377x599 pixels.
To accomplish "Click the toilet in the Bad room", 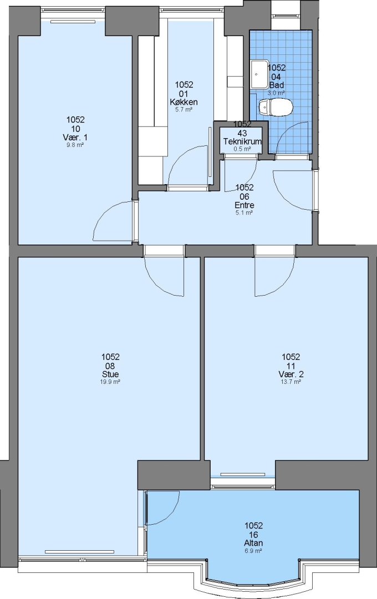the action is coord(276,107).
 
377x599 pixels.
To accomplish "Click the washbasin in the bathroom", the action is coord(259,74).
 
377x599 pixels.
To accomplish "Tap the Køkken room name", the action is coord(184,102).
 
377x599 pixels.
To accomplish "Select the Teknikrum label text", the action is coord(242,141).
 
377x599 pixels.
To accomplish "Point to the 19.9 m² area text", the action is coord(110,382).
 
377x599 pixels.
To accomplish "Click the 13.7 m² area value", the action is coord(291,382).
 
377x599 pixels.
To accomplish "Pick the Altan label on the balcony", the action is coord(253,543).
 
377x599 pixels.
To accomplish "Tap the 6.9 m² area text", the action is coord(253,551).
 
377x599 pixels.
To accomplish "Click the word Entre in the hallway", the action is coord(244,205).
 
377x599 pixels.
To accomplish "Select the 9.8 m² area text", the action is coord(75,145).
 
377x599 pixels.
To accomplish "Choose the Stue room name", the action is coord(110,374).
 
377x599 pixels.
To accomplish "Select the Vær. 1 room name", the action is coord(75,137).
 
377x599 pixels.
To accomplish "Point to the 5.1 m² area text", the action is coord(244,213).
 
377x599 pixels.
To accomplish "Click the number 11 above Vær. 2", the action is coord(291,366).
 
